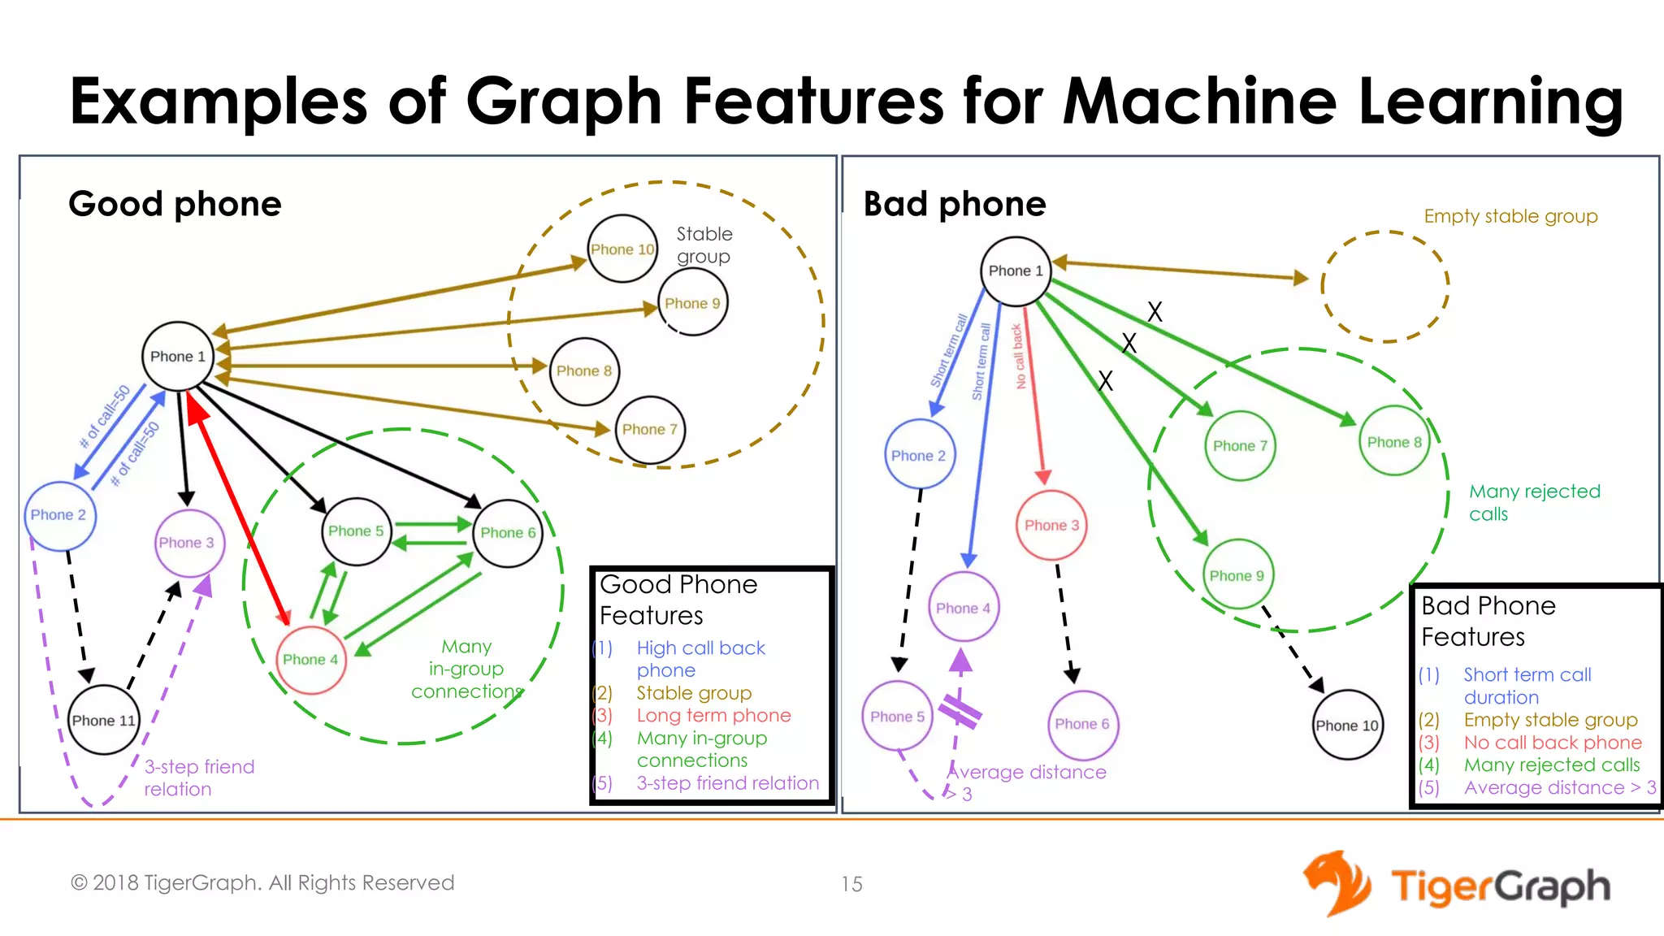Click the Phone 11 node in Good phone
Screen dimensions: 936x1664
[x=104, y=720]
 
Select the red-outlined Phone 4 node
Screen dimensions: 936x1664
[x=310, y=660]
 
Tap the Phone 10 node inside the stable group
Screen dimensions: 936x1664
[x=622, y=249]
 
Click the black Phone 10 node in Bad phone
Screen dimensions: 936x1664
[x=1347, y=725]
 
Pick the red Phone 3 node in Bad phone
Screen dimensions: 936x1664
[x=1051, y=525]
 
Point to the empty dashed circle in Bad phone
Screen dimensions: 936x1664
[x=1385, y=286]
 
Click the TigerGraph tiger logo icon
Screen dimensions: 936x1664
[x=1337, y=883]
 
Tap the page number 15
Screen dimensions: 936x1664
[x=851, y=884]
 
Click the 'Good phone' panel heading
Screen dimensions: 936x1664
[x=175, y=203]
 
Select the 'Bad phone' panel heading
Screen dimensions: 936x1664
[x=955, y=203]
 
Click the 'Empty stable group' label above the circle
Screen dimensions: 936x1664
[x=1510, y=216]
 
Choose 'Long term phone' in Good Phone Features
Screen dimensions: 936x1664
[x=713, y=715]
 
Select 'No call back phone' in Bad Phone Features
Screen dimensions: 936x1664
[x=1553, y=742]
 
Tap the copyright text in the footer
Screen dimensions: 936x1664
[x=262, y=882]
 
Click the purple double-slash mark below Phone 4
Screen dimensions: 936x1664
[x=960, y=711]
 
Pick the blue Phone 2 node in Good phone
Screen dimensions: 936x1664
[x=58, y=515]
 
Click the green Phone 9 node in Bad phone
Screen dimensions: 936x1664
[x=1237, y=575]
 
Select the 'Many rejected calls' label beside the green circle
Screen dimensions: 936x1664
[x=1534, y=502]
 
